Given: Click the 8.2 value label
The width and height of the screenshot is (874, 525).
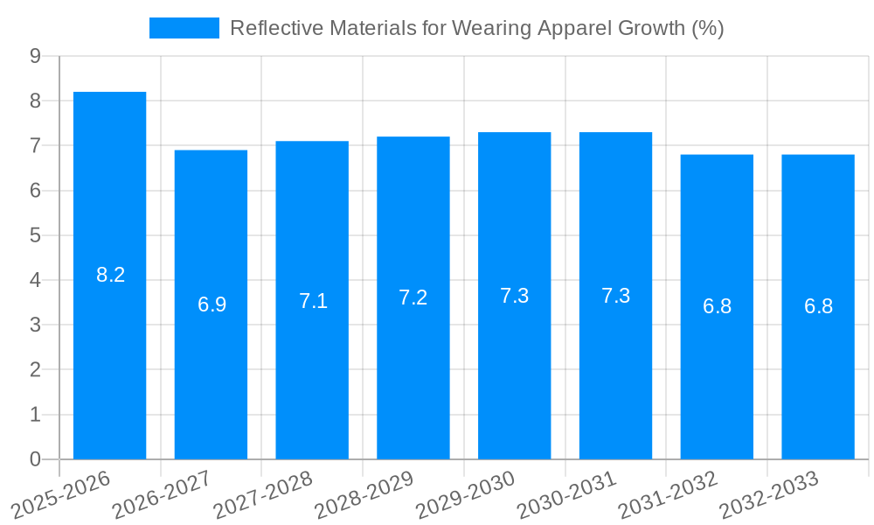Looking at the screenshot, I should pos(110,275).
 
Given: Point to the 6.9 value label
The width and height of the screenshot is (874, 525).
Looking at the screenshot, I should pos(212,304).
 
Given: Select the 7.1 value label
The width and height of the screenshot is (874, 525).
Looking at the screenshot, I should pos(313,301).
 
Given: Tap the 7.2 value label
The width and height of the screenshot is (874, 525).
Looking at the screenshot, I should pos(413,297).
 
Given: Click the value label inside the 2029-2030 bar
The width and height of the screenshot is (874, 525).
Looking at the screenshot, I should pos(514,296).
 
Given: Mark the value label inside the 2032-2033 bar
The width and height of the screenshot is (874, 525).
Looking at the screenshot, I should pos(818,306).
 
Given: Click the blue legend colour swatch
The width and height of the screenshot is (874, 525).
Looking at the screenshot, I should pos(184,28).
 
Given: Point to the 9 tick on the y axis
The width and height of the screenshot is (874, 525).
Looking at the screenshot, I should pos(35,56).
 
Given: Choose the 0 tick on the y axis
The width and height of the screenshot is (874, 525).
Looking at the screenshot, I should pos(35,459).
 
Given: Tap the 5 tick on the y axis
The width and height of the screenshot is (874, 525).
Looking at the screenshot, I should pos(35,235).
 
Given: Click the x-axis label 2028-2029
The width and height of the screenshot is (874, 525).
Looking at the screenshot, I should pos(364,495).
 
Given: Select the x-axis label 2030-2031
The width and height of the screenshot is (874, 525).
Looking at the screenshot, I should pos(566,495).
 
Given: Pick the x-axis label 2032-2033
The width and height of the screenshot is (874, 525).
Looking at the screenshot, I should pos(769,495).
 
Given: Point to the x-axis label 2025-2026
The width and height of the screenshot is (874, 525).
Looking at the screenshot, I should pos(61,495).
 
